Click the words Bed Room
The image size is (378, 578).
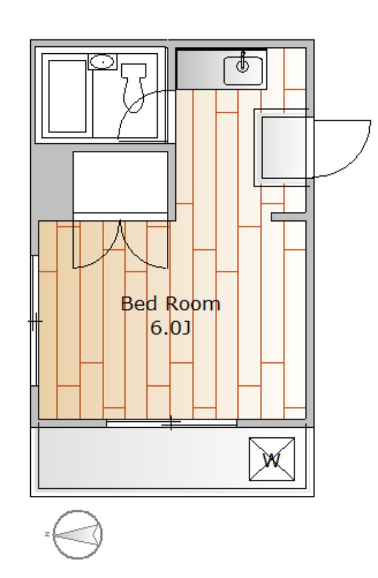171,304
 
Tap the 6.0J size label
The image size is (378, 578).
171,328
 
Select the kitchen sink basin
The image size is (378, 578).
244,70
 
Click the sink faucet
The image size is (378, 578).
243,65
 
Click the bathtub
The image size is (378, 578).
68,97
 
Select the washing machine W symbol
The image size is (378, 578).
271,460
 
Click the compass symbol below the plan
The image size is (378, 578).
78,534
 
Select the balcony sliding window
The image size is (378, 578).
171,423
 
